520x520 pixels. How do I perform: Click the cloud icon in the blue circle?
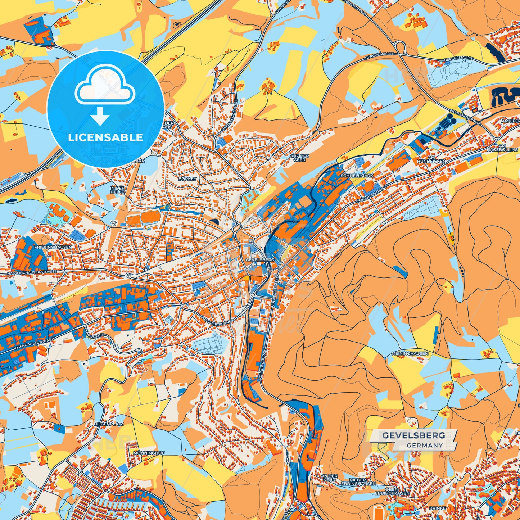pos(105,87)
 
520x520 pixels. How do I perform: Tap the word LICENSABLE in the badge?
pos(105,137)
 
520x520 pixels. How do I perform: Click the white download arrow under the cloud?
pos(100,117)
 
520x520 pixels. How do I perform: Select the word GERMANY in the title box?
pos(425,445)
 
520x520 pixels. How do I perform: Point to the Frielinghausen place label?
pos(53,248)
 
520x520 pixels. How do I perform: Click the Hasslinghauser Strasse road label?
pos(32,273)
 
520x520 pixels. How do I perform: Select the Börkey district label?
pos(187,178)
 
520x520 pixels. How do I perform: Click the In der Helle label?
pos(117,190)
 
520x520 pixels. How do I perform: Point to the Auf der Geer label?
pos(299,158)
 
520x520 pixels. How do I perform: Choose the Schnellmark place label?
pos(357,176)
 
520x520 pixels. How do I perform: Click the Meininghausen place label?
pos(410,353)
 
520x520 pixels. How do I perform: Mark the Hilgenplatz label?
pos(109,424)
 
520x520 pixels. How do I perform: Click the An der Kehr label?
pos(329,478)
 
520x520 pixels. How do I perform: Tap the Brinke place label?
pos(437,508)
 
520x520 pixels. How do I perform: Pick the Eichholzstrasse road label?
pos(465,116)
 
